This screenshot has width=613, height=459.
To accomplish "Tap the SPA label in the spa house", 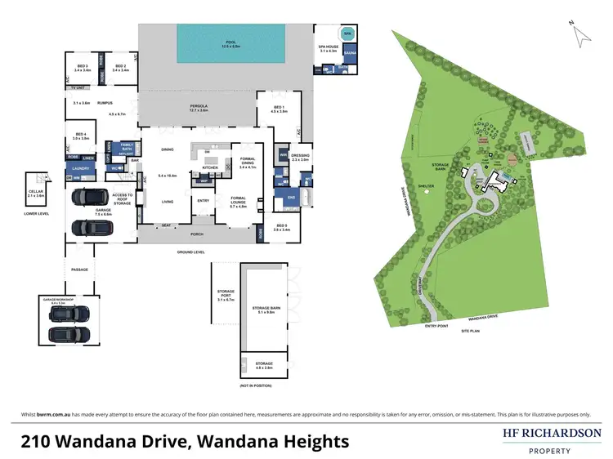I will coord(347,34).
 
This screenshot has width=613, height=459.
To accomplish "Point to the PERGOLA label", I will coord(199,106).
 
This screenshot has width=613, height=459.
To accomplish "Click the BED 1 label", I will coord(280,107).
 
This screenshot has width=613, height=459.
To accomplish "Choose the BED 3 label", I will coord(82,66).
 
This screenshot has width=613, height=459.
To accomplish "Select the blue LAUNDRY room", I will coord(80,168).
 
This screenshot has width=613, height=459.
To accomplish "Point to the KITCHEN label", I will coord(209,169).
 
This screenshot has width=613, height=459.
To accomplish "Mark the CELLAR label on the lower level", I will coord(36,192).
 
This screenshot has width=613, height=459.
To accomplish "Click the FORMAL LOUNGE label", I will coord(238,198).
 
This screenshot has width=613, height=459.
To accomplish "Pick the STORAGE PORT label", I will coord(226,293).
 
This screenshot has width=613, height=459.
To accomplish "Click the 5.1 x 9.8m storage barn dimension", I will coord(266,311).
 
